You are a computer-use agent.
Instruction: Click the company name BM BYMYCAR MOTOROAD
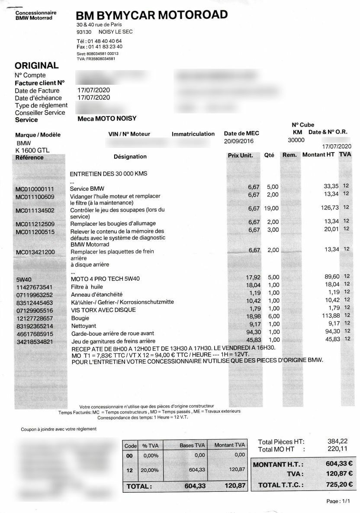(x=151, y=16)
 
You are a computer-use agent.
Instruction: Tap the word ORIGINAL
(x=36, y=66)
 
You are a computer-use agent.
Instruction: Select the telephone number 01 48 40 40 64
(x=104, y=41)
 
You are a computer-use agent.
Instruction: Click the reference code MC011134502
(x=35, y=211)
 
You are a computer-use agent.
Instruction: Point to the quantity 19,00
(x=271, y=208)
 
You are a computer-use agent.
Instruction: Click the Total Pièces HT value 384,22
(x=338, y=441)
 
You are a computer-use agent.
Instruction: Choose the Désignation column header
(x=130, y=157)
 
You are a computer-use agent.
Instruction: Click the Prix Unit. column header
(x=240, y=155)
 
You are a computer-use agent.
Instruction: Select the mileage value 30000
(x=296, y=140)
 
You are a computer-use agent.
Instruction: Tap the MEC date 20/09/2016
(x=239, y=141)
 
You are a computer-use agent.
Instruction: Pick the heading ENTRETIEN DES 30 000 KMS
(x=109, y=174)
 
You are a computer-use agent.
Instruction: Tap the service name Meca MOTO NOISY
(x=107, y=119)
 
